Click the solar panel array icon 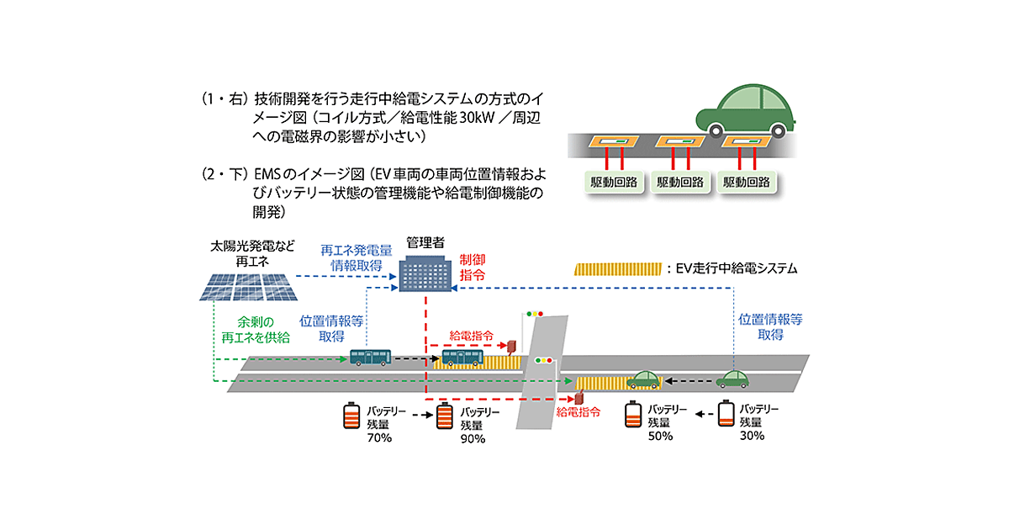point(249,287)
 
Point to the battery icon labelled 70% point(351,416)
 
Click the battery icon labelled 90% point(445,417)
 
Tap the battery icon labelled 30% point(726,416)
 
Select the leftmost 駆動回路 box point(612,182)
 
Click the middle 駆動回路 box point(680,182)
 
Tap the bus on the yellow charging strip point(462,359)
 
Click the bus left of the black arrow point(370,358)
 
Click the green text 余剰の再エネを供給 point(255,330)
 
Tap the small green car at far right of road point(732,379)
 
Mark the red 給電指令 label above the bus point(472,336)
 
